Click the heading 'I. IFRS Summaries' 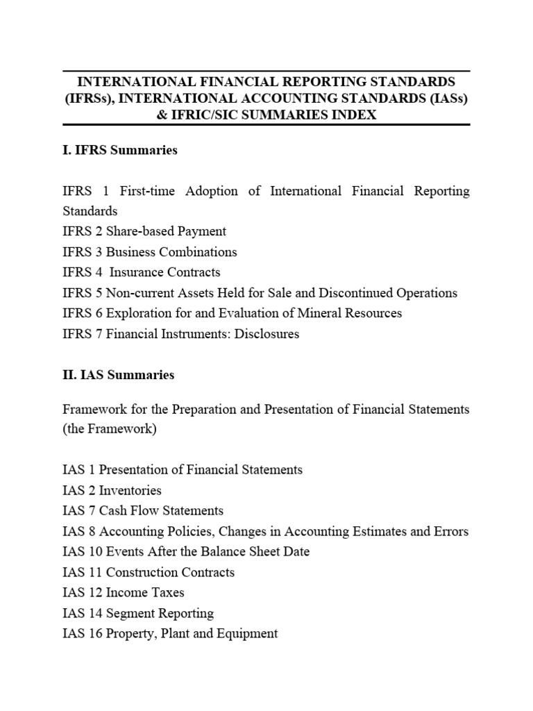pyautogui.click(x=119, y=150)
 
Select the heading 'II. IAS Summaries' pyautogui.click(x=117, y=375)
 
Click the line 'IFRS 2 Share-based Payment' pyautogui.click(x=144, y=231)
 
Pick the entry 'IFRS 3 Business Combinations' pyautogui.click(x=149, y=252)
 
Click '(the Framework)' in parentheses pyautogui.click(x=109, y=429)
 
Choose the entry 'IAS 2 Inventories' pyautogui.click(x=111, y=490)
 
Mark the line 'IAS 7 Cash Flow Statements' pyautogui.click(x=142, y=511)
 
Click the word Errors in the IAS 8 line pyautogui.click(x=452, y=532)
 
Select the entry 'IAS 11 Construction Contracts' pyautogui.click(x=148, y=573)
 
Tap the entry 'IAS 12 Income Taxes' pyautogui.click(x=123, y=593)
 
